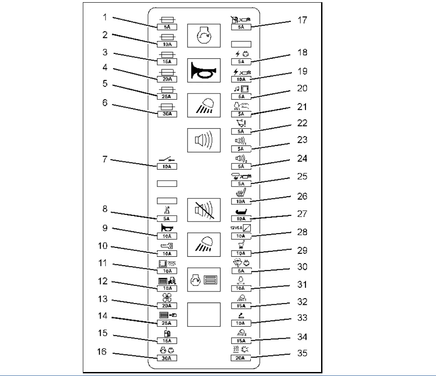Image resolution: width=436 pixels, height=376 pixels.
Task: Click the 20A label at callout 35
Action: (241, 357)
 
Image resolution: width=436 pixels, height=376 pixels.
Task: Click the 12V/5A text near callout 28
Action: (235, 228)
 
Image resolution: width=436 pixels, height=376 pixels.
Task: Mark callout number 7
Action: (105, 159)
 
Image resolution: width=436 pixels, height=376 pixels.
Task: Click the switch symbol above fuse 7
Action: (167, 159)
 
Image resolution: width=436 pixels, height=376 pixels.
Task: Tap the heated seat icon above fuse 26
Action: (241, 193)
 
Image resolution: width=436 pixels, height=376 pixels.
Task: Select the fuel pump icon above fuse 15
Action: (167, 333)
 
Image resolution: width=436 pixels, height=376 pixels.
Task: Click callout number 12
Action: (102, 282)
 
